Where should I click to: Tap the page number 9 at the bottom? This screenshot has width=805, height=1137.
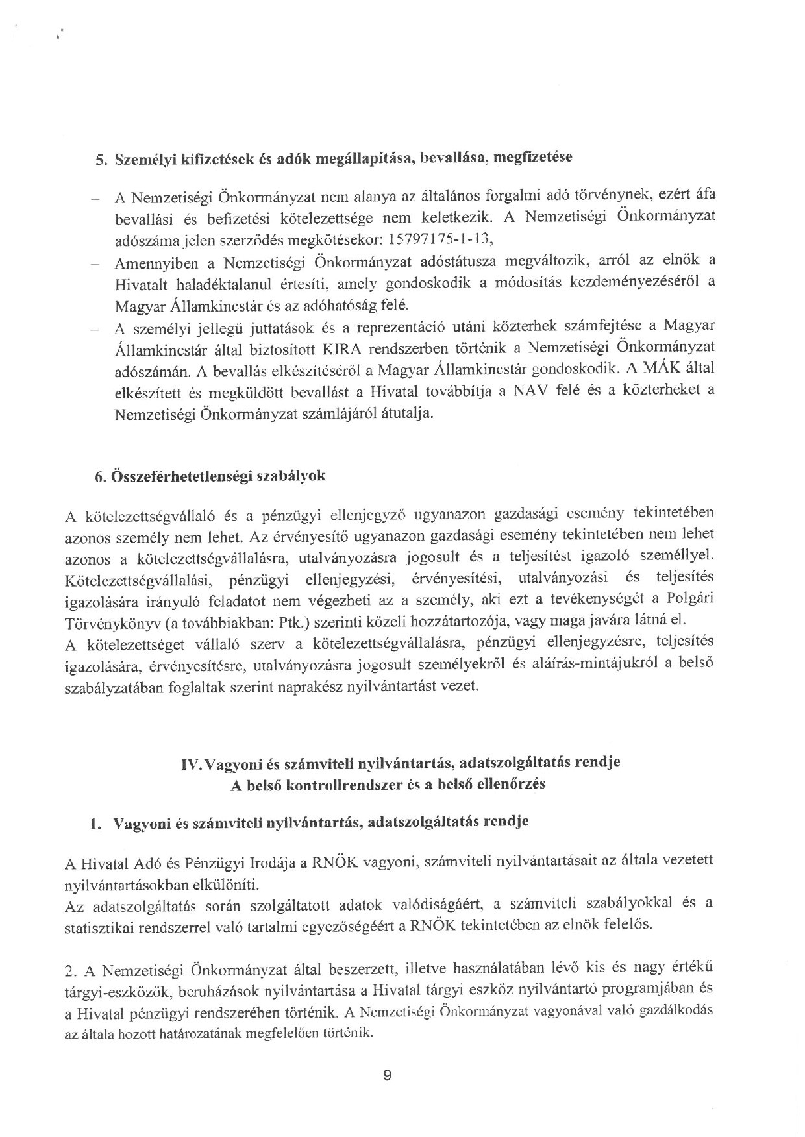(387, 1074)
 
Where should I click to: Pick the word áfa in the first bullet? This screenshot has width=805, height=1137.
(704, 196)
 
